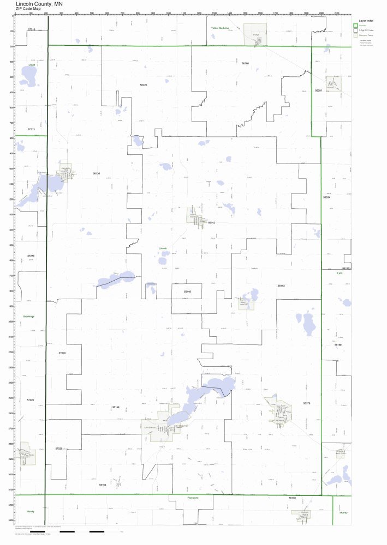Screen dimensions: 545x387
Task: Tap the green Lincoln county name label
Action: coord(163,248)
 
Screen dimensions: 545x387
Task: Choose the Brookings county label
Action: coord(28,316)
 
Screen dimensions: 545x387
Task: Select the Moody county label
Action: coord(29,512)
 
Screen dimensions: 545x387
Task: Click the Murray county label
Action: coord(343,512)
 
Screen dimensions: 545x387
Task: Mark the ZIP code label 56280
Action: coord(245,64)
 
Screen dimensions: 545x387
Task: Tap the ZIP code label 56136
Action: coord(97,173)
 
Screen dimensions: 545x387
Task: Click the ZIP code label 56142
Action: coord(212,223)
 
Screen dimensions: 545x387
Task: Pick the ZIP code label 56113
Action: coord(281,285)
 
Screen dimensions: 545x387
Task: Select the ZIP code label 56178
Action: coord(306,403)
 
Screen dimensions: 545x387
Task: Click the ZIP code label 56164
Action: coord(103,484)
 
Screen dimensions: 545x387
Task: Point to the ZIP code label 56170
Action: coord(291,498)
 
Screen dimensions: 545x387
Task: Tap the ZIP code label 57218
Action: coord(31,29)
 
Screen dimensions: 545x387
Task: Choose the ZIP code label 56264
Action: coord(326,197)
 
